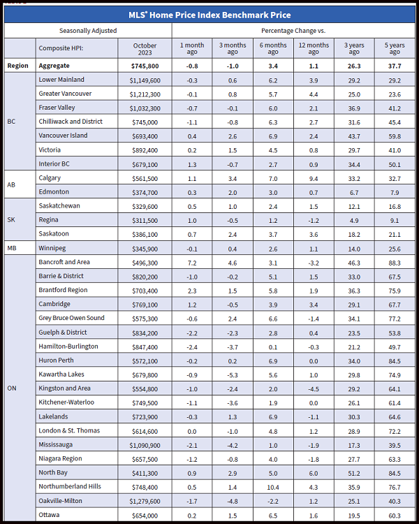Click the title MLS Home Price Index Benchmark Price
pos(209,15)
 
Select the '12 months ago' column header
pos(314,48)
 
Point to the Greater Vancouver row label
pos(68,94)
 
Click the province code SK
pos(11,219)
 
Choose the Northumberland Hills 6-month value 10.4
pos(273,487)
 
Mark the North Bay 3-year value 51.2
pos(354,473)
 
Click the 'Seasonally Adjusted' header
pos(88,31)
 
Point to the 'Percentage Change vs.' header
pos(293,31)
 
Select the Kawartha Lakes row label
pos(62,374)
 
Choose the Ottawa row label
pos(50,515)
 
